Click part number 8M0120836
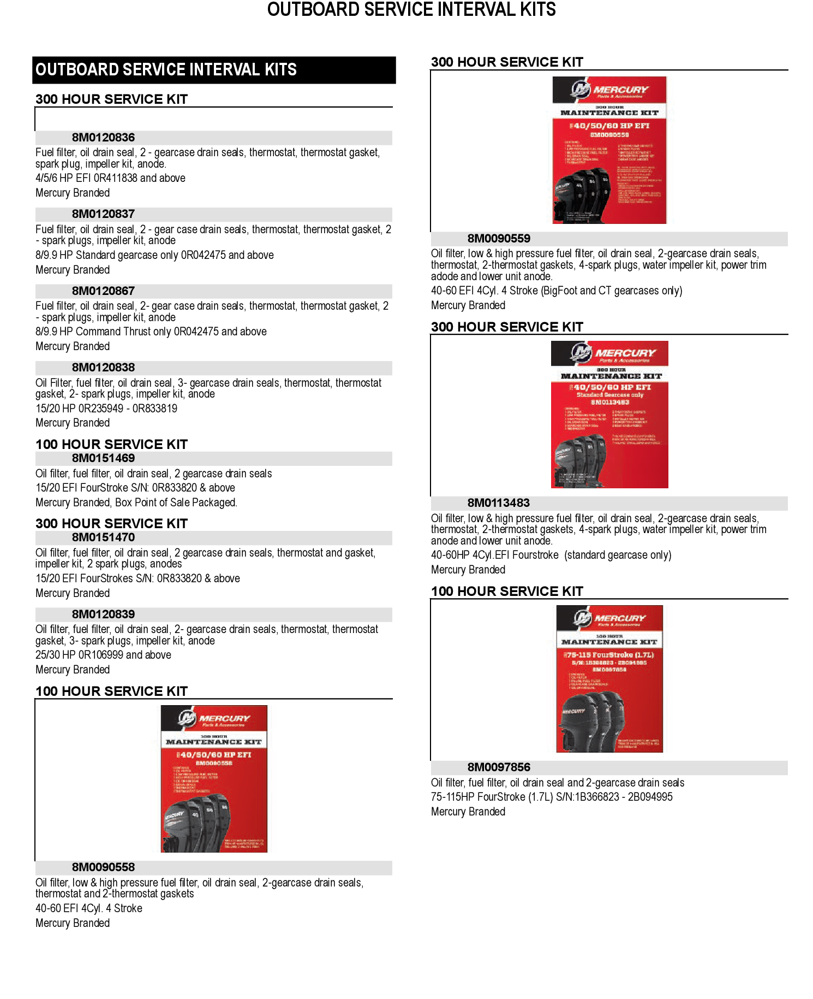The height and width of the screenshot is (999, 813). pyautogui.click(x=103, y=138)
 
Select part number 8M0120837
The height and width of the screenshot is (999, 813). pyautogui.click(x=103, y=214)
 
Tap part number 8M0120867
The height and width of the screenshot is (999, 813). pyautogui.click(x=103, y=291)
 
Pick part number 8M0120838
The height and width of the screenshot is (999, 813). pyautogui.click(x=103, y=368)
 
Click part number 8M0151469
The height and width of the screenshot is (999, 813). pyautogui.click(x=103, y=458)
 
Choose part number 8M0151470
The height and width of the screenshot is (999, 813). pyautogui.click(x=103, y=537)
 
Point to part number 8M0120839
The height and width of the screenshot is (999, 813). pyautogui.click(x=103, y=614)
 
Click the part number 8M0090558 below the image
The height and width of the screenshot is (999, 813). pyautogui.click(x=103, y=867)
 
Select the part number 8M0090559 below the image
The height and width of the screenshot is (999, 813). pyautogui.click(x=499, y=239)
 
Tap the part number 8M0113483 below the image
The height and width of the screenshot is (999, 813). pyautogui.click(x=499, y=503)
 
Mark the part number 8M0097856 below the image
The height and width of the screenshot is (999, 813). pyautogui.click(x=499, y=767)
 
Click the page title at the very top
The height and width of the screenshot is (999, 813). pyautogui.click(x=411, y=10)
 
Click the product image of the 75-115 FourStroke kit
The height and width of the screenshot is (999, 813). pyautogui.click(x=609, y=679)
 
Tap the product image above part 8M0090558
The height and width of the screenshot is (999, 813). pyautogui.click(x=214, y=779)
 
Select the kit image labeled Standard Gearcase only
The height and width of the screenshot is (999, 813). pyautogui.click(x=609, y=415)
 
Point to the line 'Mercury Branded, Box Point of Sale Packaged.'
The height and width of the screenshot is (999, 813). pyautogui.click(x=136, y=503)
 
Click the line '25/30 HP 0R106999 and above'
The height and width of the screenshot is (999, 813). pyautogui.click(x=103, y=655)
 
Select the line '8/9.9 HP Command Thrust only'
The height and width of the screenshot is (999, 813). pyautogui.click(x=151, y=332)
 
